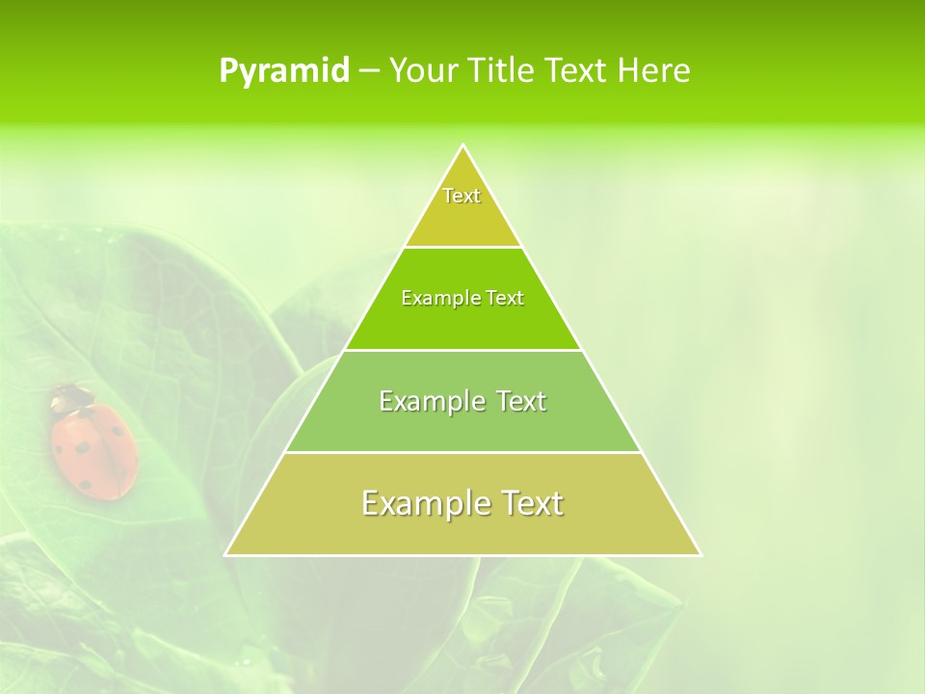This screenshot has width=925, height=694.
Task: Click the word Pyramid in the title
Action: [284, 71]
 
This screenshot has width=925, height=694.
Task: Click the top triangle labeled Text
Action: [462, 207]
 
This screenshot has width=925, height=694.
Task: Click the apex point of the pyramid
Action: [463, 146]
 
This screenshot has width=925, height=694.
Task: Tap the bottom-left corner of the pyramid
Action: [226, 554]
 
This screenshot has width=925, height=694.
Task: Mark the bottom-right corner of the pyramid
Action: [700, 554]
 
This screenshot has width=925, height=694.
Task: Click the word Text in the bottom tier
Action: [526, 503]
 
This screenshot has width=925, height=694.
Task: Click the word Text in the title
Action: [577, 71]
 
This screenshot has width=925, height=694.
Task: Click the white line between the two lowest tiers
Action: [462, 452]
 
